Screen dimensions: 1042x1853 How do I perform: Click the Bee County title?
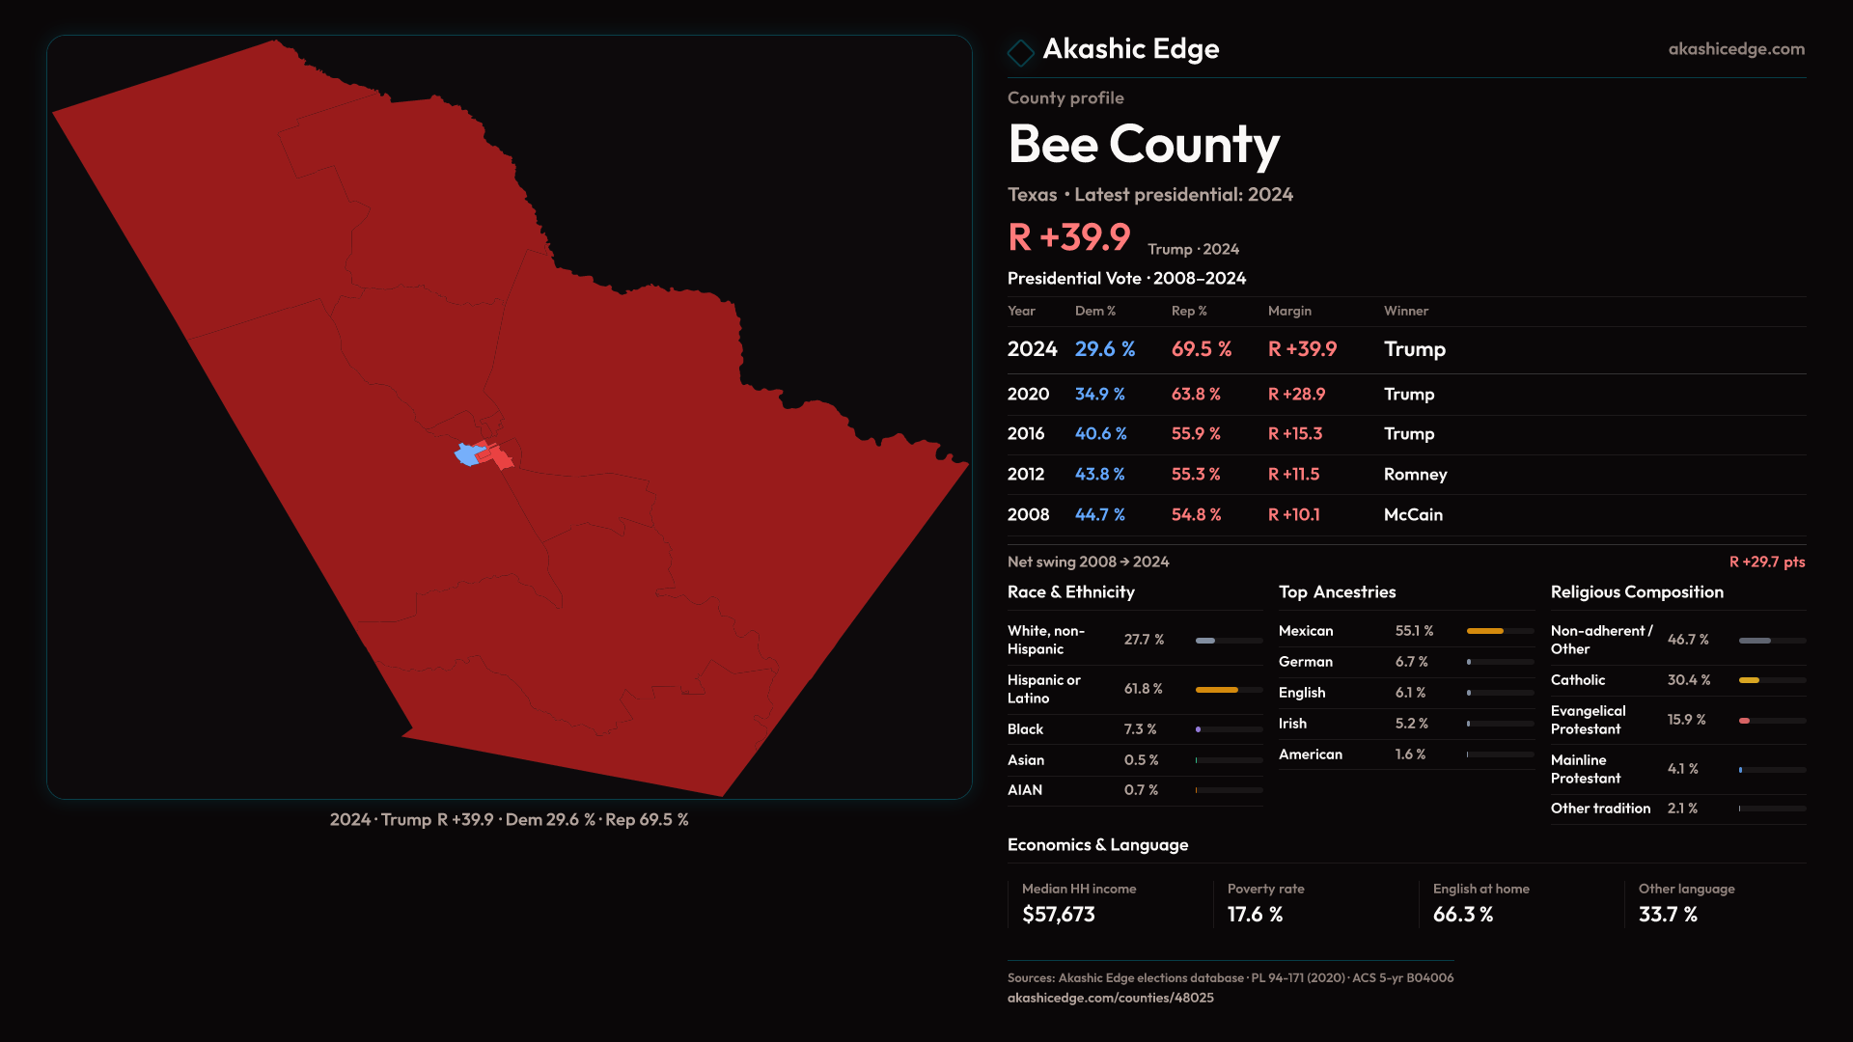click(1144, 145)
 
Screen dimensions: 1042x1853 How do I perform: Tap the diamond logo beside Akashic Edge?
click(1020, 52)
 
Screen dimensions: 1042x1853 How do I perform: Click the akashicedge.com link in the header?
click(1736, 49)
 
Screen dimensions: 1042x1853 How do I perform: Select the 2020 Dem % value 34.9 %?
click(1100, 395)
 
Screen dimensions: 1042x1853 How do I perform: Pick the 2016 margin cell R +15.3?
click(1295, 434)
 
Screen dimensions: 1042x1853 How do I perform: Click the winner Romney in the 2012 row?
click(1415, 475)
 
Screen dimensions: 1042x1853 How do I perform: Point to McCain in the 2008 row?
click(1413, 515)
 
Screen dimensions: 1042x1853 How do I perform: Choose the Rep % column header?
click(1189, 312)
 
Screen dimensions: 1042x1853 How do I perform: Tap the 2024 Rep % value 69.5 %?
click(1202, 349)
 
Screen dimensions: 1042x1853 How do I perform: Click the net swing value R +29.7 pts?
click(1766, 562)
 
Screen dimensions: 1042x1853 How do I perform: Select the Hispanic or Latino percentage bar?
click(1229, 690)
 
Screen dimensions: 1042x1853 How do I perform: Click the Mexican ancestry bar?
click(1500, 631)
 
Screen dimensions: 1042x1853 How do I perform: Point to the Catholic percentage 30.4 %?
click(1689, 680)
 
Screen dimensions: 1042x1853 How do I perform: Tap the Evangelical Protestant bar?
click(1772, 721)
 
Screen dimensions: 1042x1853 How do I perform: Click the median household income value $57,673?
click(1059, 915)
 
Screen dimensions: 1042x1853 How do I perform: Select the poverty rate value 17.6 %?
click(1255, 915)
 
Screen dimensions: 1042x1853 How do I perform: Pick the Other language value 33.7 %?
click(1668, 915)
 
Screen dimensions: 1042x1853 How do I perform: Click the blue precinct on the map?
click(468, 454)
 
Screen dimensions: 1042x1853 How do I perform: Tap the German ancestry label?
click(1306, 662)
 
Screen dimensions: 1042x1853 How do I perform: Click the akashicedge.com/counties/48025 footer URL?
click(1111, 999)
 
